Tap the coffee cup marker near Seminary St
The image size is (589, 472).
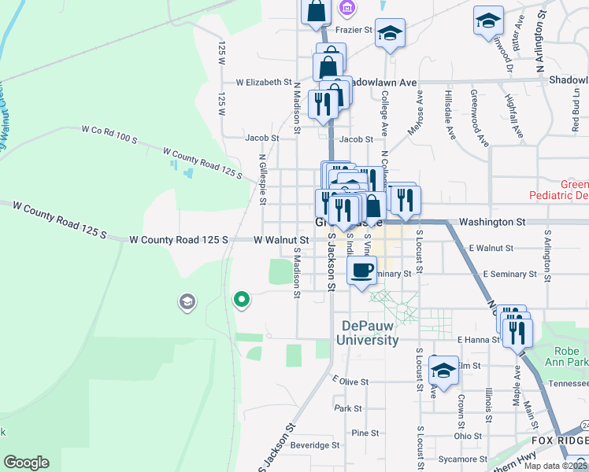pyautogui.click(x=361, y=271)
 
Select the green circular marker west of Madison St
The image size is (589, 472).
pyautogui.click(x=243, y=299)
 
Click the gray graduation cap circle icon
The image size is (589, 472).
pyautogui.click(x=187, y=302)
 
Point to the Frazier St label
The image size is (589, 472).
pyautogui.click(x=354, y=29)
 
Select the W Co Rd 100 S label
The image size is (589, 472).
pyautogui.click(x=109, y=133)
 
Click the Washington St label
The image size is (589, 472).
pyautogui.click(x=492, y=223)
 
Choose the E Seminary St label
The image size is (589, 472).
pyautogui.click(x=509, y=274)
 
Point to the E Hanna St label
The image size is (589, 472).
pyautogui.click(x=478, y=339)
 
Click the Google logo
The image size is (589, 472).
pyautogui.click(x=26, y=463)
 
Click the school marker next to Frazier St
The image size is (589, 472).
pyautogui.click(x=390, y=34)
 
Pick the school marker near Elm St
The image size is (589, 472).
pyautogui.click(x=444, y=371)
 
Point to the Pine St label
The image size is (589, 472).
pyautogui.click(x=365, y=433)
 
